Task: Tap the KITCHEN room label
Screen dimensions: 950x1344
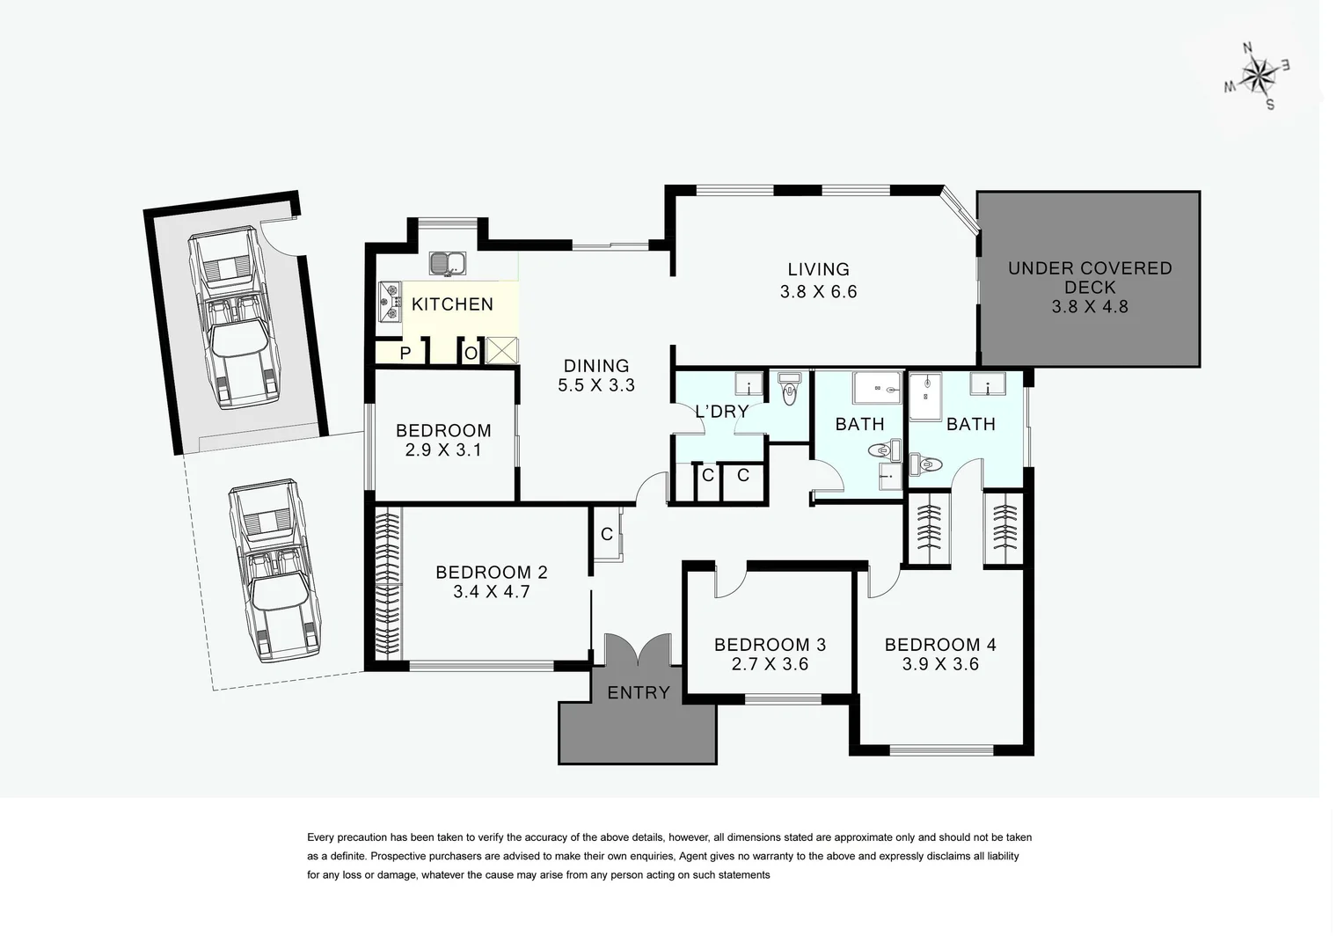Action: pyautogui.click(x=452, y=304)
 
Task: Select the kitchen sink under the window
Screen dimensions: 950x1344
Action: pyautogui.click(x=449, y=263)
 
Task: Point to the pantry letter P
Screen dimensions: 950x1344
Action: pyautogui.click(x=405, y=354)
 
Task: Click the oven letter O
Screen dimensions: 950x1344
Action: pyautogui.click(x=471, y=354)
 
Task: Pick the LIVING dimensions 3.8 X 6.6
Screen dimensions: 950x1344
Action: pyautogui.click(x=818, y=292)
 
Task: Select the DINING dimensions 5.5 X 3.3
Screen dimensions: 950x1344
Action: pyautogui.click(x=596, y=385)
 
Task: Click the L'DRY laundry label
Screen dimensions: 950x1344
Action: pyautogui.click(x=721, y=411)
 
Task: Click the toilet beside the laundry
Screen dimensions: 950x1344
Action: pyautogui.click(x=789, y=390)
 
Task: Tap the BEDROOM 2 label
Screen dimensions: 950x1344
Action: pyautogui.click(x=492, y=573)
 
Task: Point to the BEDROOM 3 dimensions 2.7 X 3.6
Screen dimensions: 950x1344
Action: pyautogui.click(x=770, y=664)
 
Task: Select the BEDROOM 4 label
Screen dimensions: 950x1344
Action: pyautogui.click(x=940, y=645)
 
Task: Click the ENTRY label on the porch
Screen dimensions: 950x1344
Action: pyautogui.click(x=639, y=693)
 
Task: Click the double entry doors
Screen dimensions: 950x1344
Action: pyautogui.click(x=639, y=651)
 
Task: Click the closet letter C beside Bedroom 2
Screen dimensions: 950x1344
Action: pyautogui.click(x=607, y=534)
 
